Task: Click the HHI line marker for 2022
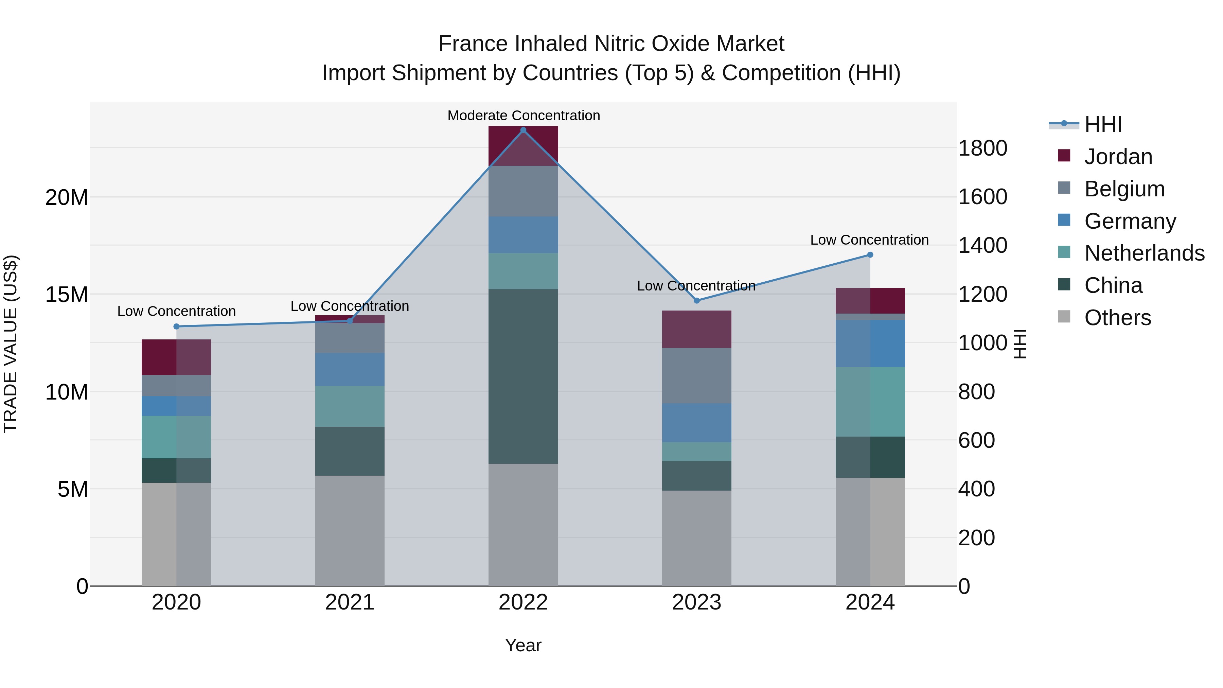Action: tap(523, 130)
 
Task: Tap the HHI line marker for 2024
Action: tap(870, 255)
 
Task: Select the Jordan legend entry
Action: tap(1118, 157)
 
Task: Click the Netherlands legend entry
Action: tap(1144, 253)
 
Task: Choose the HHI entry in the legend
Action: tap(1102, 124)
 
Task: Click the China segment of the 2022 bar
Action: tap(523, 376)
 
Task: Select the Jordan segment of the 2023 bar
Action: tap(696, 330)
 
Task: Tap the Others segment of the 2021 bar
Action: tap(350, 530)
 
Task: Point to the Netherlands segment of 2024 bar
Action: tap(870, 402)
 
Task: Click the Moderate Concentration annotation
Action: tap(523, 116)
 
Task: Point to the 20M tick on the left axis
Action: tap(67, 197)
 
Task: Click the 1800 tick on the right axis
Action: tap(982, 148)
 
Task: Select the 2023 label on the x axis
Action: tap(696, 602)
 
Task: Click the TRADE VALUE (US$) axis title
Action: tap(11, 344)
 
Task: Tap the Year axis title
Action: tap(523, 645)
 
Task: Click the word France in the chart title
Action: tap(473, 44)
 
